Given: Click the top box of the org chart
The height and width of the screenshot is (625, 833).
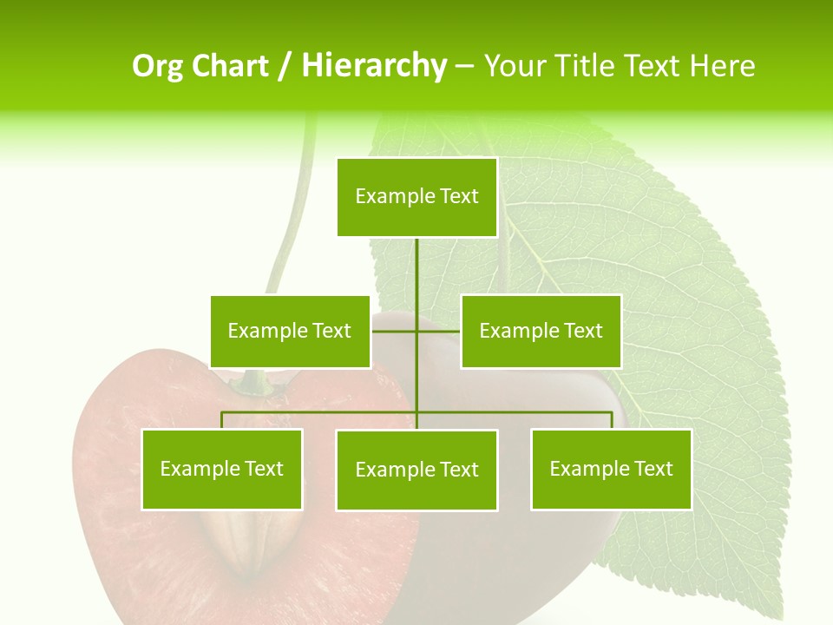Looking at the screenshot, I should click(416, 197).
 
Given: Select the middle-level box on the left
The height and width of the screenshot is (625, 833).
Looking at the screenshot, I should click(290, 331).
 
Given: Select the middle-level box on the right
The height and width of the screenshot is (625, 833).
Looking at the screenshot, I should click(541, 331).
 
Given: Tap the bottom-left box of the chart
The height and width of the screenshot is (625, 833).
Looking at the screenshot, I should click(222, 469).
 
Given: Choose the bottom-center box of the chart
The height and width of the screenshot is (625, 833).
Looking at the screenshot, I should click(416, 470).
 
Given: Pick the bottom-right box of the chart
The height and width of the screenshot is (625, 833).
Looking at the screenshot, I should click(611, 469).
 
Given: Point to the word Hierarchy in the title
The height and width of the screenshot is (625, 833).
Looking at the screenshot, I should click(374, 66).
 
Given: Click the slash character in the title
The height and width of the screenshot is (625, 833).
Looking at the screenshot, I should click(284, 66).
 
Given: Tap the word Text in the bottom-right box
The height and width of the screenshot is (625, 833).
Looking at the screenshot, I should click(653, 469).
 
